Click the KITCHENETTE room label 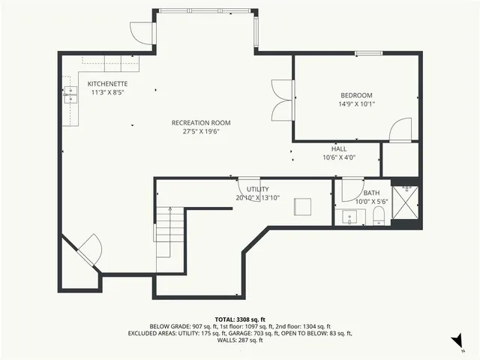[x=107, y=84]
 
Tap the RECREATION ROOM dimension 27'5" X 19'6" [x=200, y=131]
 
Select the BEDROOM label [x=356, y=95]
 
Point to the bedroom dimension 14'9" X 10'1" [x=356, y=104]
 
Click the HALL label [x=339, y=148]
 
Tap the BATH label [x=371, y=193]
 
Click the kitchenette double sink [x=70, y=94]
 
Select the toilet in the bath [x=379, y=217]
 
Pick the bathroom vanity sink [x=349, y=217]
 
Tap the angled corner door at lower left [x=88, y=250]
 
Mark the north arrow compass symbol [x=456, y=342]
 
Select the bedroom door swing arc [x=402, y=129]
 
